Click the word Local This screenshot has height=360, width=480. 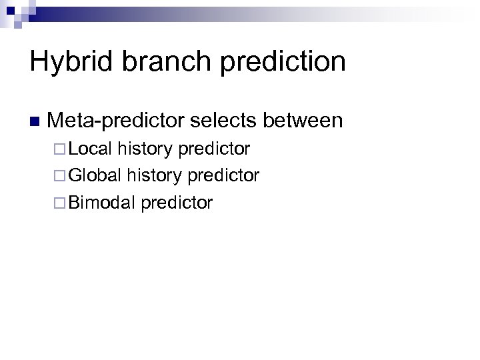[x=91, y=148]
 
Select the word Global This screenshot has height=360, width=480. [x=95, y=175]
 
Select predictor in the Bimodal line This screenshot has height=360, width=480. [x=177, y=203]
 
